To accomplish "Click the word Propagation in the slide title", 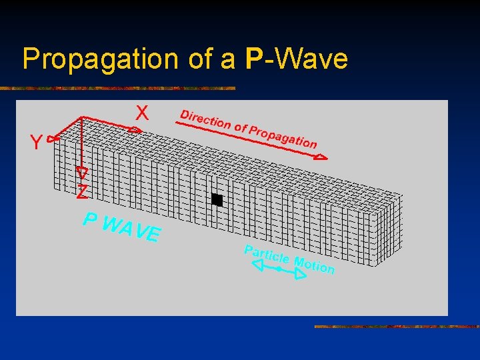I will [x=101, y=59].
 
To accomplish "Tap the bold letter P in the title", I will [x=254, y=59].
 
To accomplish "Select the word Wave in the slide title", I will [x=311, y=59].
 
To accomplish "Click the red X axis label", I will [x=142, y=113].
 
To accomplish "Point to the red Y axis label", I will [x=36, y=142].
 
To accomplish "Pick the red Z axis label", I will [x=81, y=193].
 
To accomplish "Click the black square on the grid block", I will [x=217, y=199].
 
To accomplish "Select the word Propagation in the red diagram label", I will [x=283, y=136].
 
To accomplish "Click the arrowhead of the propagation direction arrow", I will [x=321, y=157].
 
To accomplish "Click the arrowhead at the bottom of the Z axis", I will [x=82, y=171].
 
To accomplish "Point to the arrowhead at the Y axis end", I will [x=54, y=138].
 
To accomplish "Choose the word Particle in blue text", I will [x=266, y=255].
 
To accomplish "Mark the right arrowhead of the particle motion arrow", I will [x=300, y=273].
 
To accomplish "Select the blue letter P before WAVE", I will [x=91, y=219].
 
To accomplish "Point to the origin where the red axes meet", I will [x=81, y=117].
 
